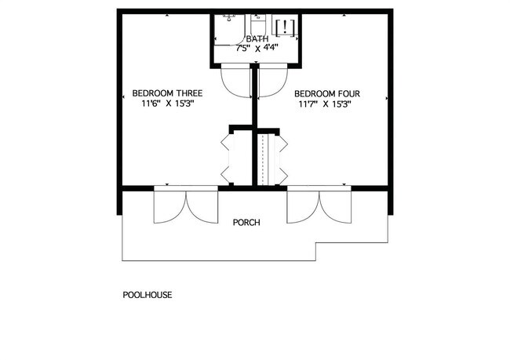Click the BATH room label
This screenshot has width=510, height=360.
[257, 38]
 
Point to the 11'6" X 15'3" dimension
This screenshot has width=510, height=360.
[167, 103]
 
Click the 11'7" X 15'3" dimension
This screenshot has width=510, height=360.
[324, 104]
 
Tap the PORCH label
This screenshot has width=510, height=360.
[246, 222]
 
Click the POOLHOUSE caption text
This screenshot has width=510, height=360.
[147, 296]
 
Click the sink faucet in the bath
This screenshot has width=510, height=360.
[230, 16]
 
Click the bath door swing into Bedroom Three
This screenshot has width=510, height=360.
[235, 81]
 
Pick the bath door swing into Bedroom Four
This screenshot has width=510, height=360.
[271, 81]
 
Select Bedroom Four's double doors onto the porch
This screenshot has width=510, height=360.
[319, 206]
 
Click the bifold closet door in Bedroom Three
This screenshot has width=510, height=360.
[226, 156]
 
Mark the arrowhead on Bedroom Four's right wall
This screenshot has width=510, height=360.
[388, 98]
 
